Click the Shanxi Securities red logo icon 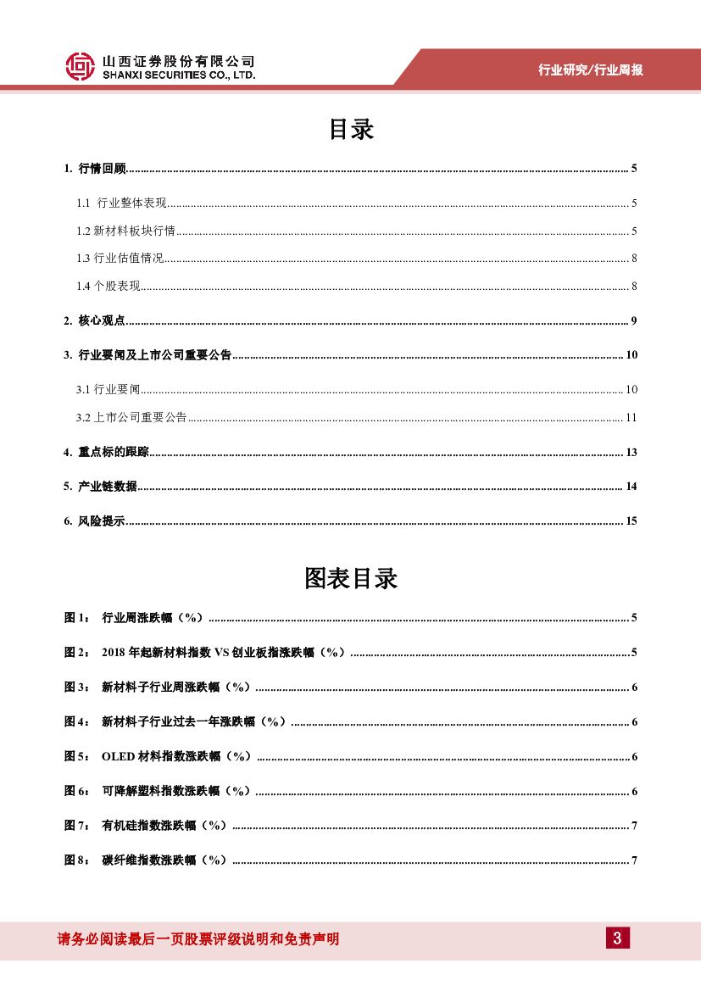pyautogui.click(x=81, y=66)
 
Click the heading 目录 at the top pyautogui.click(x=351, y=130)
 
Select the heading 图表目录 pyautogui.click(x=351, y=579)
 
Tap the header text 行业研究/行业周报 pyautogui.click(x=591, y=70)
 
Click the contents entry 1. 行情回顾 pyautogui.click(x=95, y=169)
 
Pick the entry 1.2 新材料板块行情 pyautogui.click(x=125, y=231)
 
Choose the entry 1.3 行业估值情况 pyautogui.click(x=120, y=259)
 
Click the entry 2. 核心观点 pyautogui.click(x=95, y=320)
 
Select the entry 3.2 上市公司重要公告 pyautogui.click(x=131, y=417)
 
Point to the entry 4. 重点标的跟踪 pyautogui.click(x=106, y=452)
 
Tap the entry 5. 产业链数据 pyautogui.click(x=100, y=487)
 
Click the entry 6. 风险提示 pyautogui.click(x=95, y=521)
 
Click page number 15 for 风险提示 pyautogui.click(x=631, y=521)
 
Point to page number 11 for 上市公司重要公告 pyautogui.click(x=631, y=417)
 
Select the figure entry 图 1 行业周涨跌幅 pyautogui.click(x=136, y=618)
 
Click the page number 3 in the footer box pyautogui.click(x=617, y=938)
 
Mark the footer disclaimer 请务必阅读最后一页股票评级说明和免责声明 pyautogui.click(x=198, y=939)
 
